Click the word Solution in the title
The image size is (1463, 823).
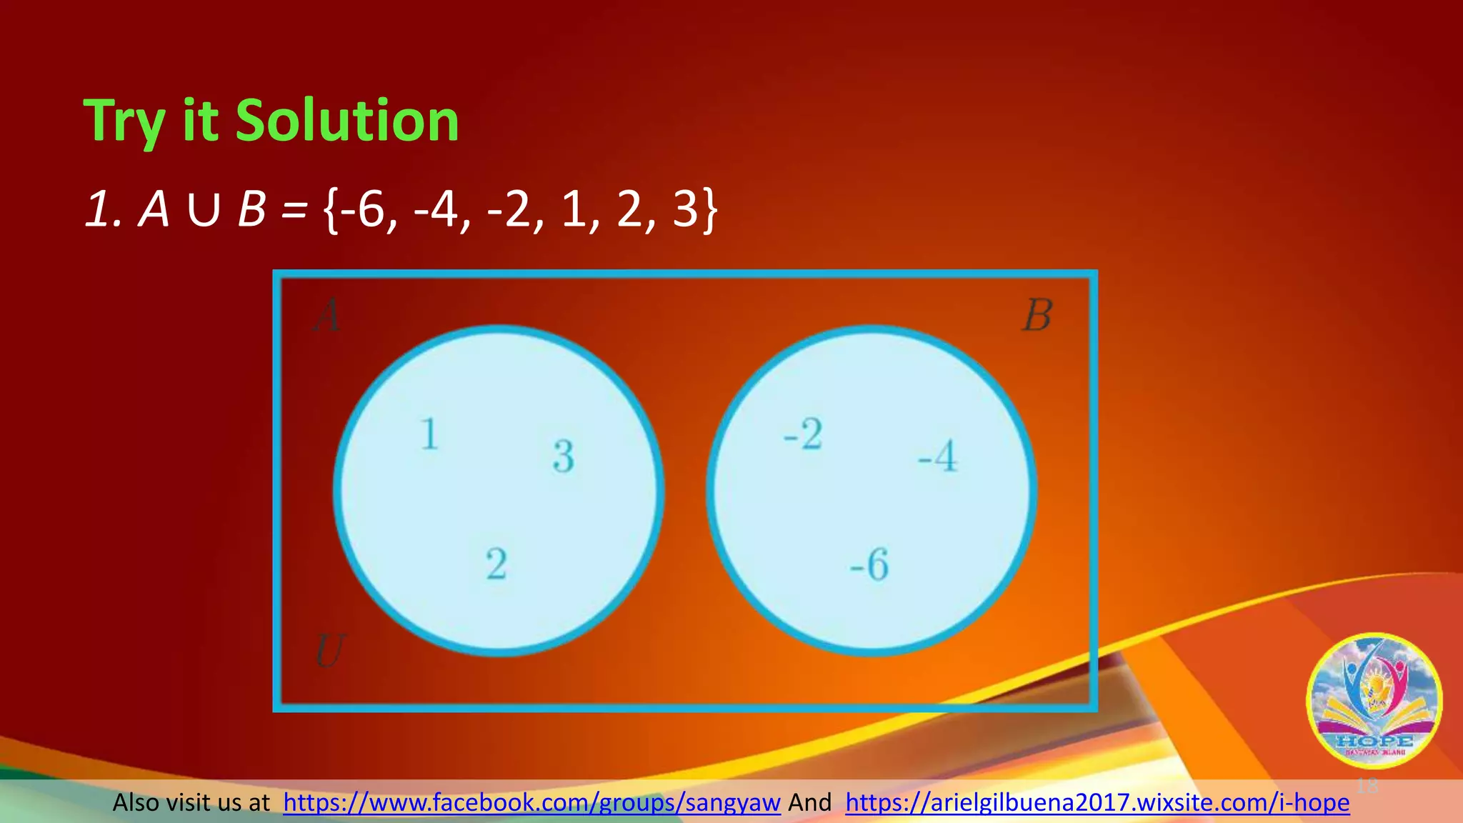coord(347,121)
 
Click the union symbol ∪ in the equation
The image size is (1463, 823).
coord(204,211)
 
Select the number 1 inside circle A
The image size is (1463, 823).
coord(429,434)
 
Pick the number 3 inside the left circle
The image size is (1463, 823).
coord(564,457)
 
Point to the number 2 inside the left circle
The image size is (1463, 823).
coord(496,564)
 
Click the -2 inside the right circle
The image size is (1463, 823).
coord(803,434)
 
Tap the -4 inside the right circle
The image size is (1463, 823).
coord(938,457)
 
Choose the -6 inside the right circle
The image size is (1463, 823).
coord(869,564)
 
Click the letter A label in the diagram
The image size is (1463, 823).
coord(327,316)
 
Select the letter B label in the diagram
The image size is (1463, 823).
coord(1037,316)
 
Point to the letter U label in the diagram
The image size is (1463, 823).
coord(329,651)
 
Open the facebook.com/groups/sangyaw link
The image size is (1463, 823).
coord(531,802)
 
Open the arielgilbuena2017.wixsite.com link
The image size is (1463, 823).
coord(1097,802)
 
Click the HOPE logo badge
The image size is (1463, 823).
coord(1374,701)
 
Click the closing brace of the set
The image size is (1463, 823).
coord(709,211)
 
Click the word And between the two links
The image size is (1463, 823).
coord(809,802)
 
